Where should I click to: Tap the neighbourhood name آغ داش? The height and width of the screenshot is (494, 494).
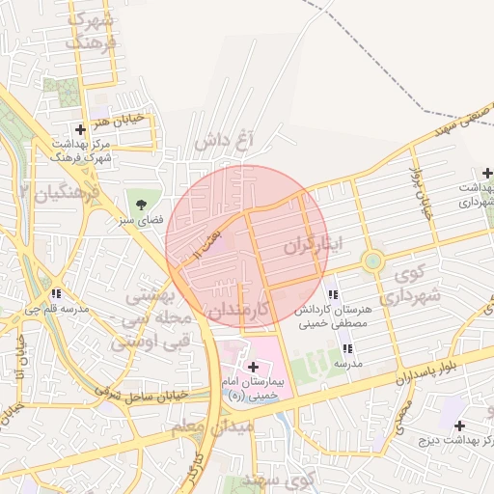tap(223, 141)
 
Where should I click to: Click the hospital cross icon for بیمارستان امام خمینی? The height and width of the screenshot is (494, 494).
tap(254, 367)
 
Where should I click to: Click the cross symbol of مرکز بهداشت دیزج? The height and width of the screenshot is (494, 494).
tap(459, 425)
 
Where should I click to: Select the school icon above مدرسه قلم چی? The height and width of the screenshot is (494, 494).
tap(58, 294)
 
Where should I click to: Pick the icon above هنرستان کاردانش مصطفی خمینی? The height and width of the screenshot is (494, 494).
tap(333, 294)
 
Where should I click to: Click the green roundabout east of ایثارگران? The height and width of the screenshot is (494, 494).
tap(372, 261)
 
